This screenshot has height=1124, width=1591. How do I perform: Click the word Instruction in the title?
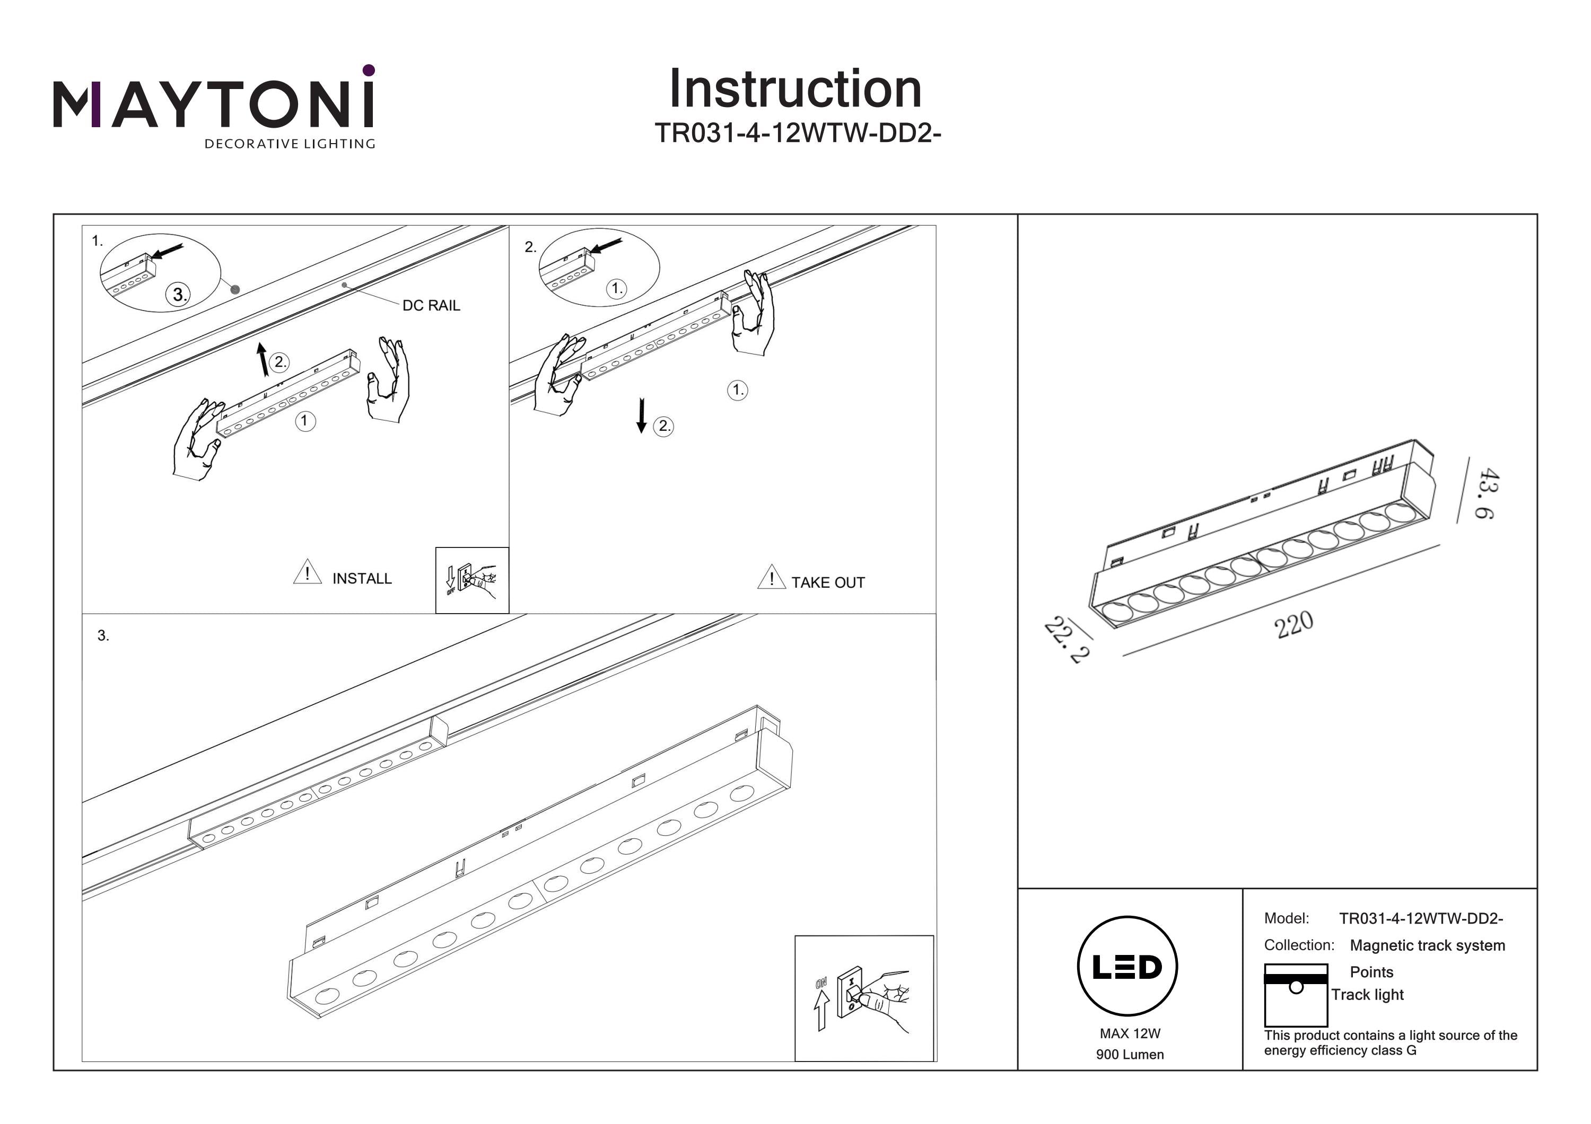(x=795, y=90)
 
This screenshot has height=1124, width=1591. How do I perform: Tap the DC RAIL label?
(x=431, y=305)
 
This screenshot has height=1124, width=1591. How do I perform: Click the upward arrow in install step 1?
(x=262, y=359)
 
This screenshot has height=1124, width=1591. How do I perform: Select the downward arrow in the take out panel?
(x=642, y=415)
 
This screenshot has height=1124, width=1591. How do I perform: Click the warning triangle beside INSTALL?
(x=307, y=572)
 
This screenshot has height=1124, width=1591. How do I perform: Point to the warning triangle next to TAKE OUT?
(x=771, y=577)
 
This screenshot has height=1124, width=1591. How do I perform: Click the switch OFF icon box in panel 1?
(x=472, y=580)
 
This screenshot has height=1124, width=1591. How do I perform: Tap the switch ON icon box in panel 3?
(x=863, y=998)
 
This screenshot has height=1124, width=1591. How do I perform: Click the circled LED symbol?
(x=1127, y=967)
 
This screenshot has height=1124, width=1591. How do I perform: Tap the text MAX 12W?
(x=1130, y=1033)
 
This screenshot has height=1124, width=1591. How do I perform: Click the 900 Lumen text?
(x=1130, y=1055)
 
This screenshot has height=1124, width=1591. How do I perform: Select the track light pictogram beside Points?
(x=1295, y=995)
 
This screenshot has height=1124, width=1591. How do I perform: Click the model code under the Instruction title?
(x=798, y=133)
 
